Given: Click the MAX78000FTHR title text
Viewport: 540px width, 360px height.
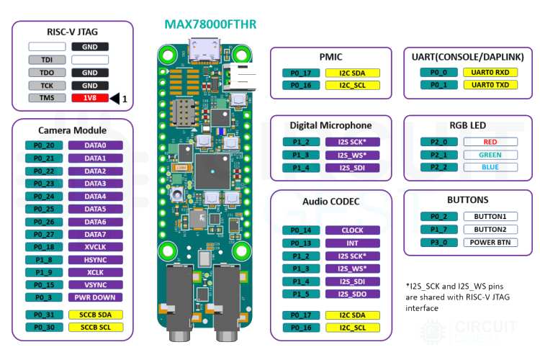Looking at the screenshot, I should click(210, 25).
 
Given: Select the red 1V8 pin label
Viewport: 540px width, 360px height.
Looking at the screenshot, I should click(90, 98).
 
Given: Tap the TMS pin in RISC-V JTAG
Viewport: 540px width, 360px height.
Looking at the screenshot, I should click(48, 98).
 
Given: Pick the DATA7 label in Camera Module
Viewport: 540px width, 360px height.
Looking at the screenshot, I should click(95, 234).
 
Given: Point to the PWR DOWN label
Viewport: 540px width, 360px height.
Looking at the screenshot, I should click(95, 297).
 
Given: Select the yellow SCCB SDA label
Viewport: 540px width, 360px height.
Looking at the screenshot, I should click(95, 315).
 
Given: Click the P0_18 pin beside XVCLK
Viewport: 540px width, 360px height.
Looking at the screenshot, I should click(44, 247).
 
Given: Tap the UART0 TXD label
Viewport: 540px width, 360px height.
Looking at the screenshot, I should click(490, 85).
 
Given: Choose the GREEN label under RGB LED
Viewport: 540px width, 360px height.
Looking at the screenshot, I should click(490, 155).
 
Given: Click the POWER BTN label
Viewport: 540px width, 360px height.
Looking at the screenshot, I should click(490, 242).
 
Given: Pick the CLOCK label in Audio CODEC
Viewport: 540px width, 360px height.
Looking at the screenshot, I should click(352, 230).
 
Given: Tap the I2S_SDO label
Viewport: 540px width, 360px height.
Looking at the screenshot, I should click(352, 294).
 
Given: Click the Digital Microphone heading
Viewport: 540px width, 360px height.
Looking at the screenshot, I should click(330, 125).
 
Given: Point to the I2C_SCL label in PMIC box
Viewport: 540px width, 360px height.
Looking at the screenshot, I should click(352, 85).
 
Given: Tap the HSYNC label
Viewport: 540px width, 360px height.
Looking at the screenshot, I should click(95, 259).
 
